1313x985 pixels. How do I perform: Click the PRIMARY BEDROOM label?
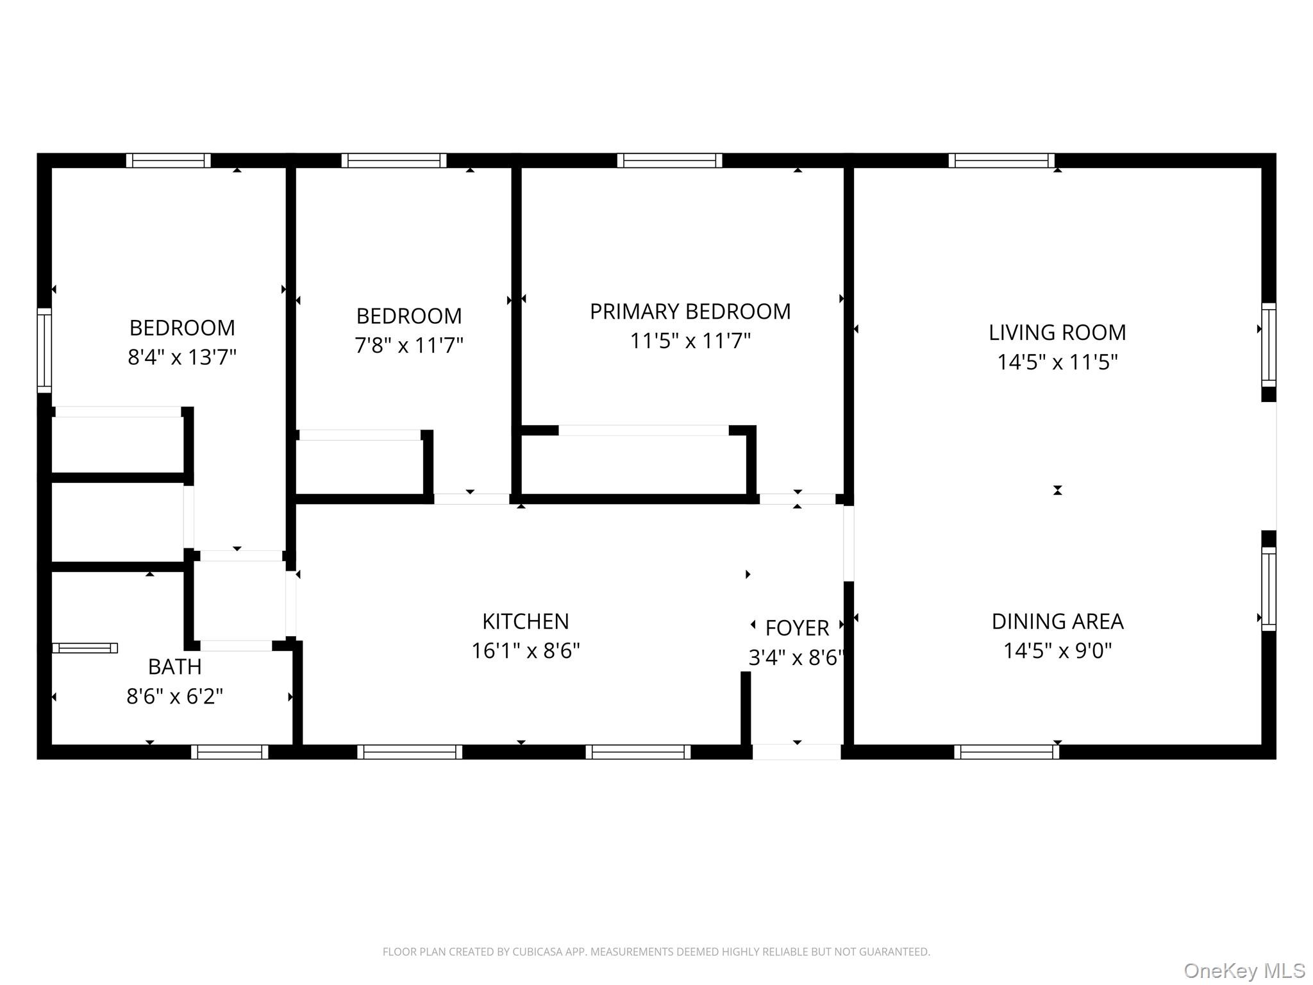pyautogui.click(x=690, y=312)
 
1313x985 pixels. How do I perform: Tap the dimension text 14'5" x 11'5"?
pyautogui.click(x=1057, y=362)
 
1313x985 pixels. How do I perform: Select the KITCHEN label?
pyautogui.click(x=525, y=621)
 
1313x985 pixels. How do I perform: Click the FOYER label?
pyautogui.click(x=797, y=628)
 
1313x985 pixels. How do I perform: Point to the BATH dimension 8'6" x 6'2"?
pyautogui.click(x=174, y=696)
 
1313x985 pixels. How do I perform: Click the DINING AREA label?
pyautogui.click(x=1057, y=621)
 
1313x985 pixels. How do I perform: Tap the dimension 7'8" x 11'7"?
pyautogui.click(x=409, y=346)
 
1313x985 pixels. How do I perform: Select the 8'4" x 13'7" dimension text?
pyautogui.click(x=182, y=357)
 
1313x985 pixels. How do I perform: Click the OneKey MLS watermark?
pyautogui.click(x=1244, y=971)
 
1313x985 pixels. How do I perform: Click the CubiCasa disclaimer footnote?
pyautogui.click(x=656, y=952)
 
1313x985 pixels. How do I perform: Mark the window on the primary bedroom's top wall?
pyautogui.click(x=669, y=160)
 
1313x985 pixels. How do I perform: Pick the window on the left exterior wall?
pyautogui.click(x=44, y=350)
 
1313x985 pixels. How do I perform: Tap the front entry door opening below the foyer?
pyautogui.click(x=796, y=752)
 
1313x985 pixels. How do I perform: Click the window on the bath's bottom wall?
pyautogui.click(x=230, y=752)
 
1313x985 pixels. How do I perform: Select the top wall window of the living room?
pyautogui.click(x=1001, y=160)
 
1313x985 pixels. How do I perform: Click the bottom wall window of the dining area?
pyautogui.click(x=1007, y=752)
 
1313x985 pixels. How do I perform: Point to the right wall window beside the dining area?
pyautogui.click(x=1268, y=589)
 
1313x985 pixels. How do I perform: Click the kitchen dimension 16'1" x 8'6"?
pyautogui.click(x=525, y=651)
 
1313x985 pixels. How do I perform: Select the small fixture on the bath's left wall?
pyautogui.click(x=85, y=648)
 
